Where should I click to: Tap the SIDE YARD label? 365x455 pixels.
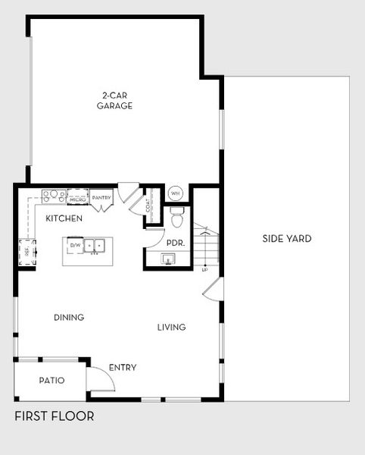coord(287,239)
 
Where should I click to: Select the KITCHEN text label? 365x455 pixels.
coord(64,218)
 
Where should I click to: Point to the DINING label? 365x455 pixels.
coord(69,318)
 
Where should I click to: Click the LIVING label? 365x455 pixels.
coord(171,328)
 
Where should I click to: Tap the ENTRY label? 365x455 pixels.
coord(123,368)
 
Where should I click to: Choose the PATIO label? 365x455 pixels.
coord(51,381)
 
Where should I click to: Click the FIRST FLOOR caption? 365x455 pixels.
coord(55,416)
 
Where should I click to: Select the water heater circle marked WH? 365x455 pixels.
coord(176,193)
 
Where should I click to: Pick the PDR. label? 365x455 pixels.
coord(176,243)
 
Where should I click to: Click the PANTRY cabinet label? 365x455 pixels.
coord(101,198)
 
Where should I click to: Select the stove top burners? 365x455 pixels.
coord(53,196)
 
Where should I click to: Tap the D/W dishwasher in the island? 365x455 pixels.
coord(75,246)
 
